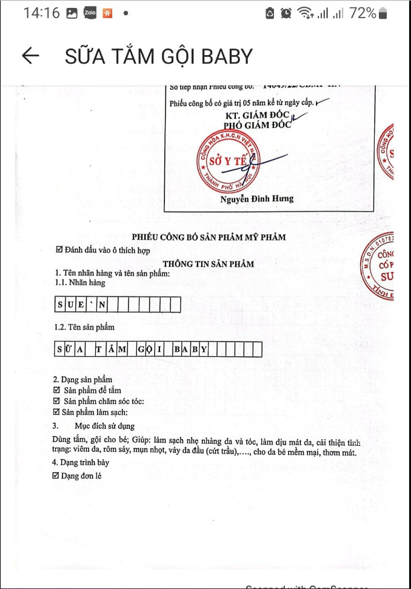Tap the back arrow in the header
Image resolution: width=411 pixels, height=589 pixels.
tap(30, 56)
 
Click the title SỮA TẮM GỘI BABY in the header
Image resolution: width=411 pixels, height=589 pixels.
tap(158, 56)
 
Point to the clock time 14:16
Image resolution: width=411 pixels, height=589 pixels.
tap(42, 13)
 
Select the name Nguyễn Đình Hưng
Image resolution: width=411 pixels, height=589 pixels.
tap(257, 198)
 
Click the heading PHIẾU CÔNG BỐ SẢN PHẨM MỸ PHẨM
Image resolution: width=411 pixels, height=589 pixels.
tap(209, 237)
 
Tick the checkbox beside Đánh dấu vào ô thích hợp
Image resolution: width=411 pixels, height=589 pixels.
tap(59, 250)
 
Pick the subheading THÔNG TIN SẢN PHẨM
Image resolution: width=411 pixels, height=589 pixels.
tap(208, 264)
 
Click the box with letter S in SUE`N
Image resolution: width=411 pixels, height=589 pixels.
tap(61, 305)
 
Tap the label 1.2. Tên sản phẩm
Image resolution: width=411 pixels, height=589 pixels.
tap(85, 327)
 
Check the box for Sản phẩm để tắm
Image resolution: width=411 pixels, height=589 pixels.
tap(57, 390)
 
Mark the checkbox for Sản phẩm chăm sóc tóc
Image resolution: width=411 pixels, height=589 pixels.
tap(57, 401)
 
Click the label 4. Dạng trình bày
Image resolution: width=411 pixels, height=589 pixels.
tap(81, 463)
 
